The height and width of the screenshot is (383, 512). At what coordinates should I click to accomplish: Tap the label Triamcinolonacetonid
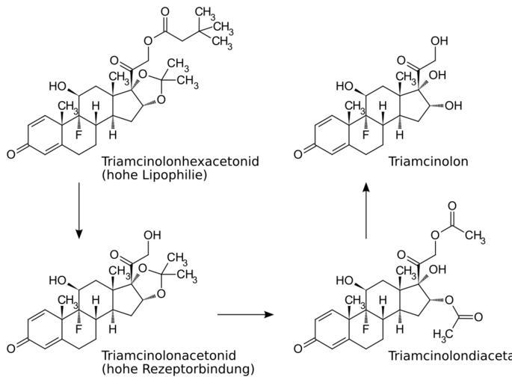[x=168, y=355]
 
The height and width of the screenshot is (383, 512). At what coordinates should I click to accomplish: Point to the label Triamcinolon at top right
[x=428, y=161]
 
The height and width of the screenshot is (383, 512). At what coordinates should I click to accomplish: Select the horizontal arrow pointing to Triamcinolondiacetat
[x=245, y=315]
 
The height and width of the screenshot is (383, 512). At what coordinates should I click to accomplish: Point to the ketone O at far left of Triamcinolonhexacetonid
[x=10, y=155]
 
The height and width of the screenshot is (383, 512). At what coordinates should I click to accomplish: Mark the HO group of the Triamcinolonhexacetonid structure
[x=60, y=87]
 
